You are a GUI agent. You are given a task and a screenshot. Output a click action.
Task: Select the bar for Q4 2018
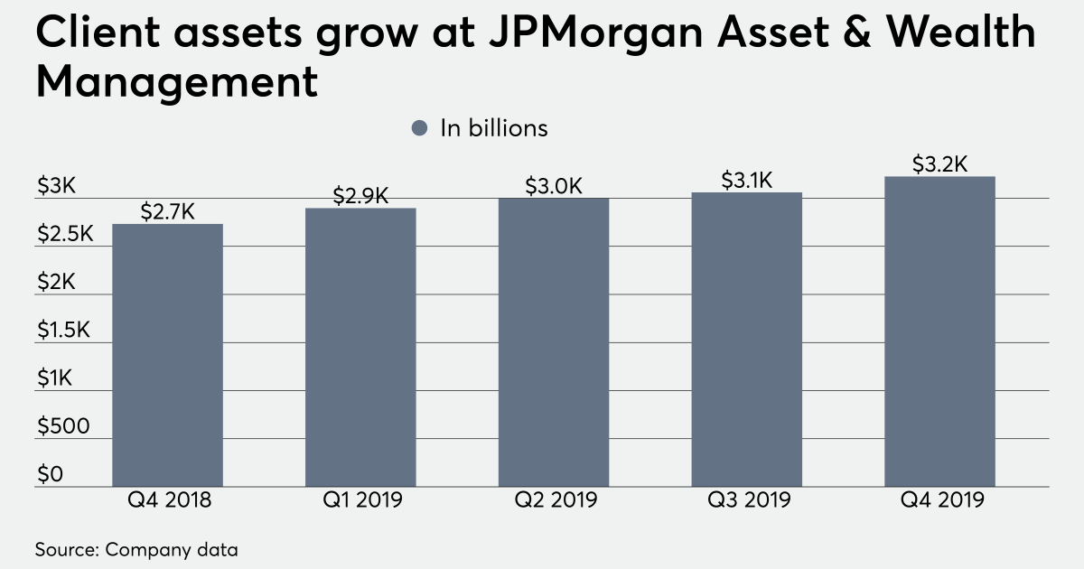(167, 355)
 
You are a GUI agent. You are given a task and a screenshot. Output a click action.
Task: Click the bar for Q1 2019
(360, 348)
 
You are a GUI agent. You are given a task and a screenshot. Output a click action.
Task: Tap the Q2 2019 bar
(554, 342)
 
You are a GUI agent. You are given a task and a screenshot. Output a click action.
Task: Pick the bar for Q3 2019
(747, 340)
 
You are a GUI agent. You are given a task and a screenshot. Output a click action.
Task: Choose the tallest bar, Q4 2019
(940, 331)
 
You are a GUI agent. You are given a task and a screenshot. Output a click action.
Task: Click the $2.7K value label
(167, 211)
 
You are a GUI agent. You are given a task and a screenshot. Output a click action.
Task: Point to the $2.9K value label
(360, 195)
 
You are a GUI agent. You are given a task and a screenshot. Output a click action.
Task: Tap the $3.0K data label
(554, 186)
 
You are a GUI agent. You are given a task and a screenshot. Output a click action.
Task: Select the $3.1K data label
(747, 180)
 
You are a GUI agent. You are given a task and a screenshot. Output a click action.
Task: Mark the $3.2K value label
(940, 164)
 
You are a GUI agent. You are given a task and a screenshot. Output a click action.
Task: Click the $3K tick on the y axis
(56, 186)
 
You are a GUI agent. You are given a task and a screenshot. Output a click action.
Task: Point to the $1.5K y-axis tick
(63, 331)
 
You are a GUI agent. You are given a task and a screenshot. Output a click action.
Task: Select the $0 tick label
(49, 475)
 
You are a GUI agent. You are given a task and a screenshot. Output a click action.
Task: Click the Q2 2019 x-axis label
(554, 499)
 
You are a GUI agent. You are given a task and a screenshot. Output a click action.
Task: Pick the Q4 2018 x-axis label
(167, 499)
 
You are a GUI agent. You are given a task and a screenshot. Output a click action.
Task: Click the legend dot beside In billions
(418, 128)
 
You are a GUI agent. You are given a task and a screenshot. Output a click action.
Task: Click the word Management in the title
(177, 82)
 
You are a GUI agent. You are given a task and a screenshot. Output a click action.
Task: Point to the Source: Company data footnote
(136, 548)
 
